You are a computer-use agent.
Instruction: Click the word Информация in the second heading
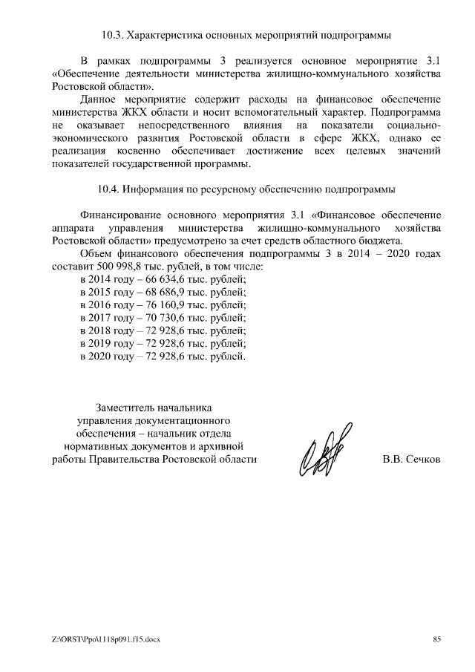point(157,188)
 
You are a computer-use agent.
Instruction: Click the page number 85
point(436,640)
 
